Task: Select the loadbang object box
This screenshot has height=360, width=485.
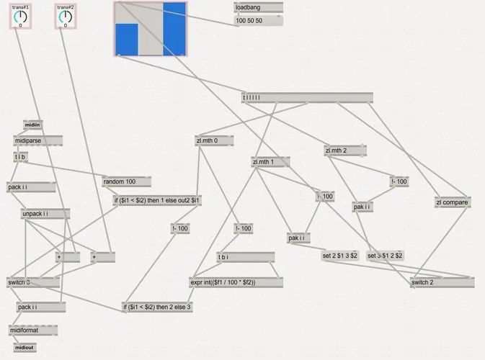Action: click(258, 7)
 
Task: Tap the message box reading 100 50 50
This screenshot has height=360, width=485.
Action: click(258, 21)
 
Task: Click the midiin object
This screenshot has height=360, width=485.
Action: click(33, 125)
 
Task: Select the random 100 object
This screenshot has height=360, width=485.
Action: click(127, 181)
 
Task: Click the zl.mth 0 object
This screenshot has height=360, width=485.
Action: click(213, 140)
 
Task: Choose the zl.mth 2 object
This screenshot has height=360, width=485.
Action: click(344, 150)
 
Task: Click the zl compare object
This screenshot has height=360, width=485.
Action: click(453, 202)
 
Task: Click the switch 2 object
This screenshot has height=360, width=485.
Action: click(441, 282)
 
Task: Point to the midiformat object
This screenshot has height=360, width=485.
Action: click(33, 330)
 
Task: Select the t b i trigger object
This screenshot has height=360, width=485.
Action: click(245, 258)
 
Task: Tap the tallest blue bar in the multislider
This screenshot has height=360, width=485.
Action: click(174, 29)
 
